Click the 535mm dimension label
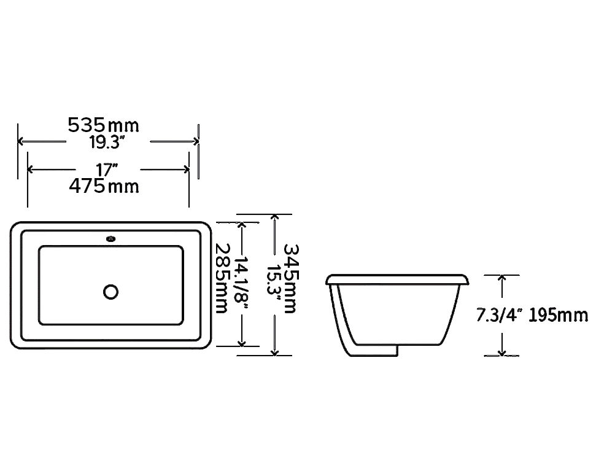click(103, 125)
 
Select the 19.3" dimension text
click(107, 142)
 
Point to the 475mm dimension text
click(103, 185)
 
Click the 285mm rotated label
click(221, 278)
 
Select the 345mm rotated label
click(291, 278)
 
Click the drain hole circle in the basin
click(111, 291)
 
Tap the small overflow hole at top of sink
click(111, 238)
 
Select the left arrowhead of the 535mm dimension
click(21, 141)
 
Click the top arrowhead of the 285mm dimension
click(244, 225)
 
